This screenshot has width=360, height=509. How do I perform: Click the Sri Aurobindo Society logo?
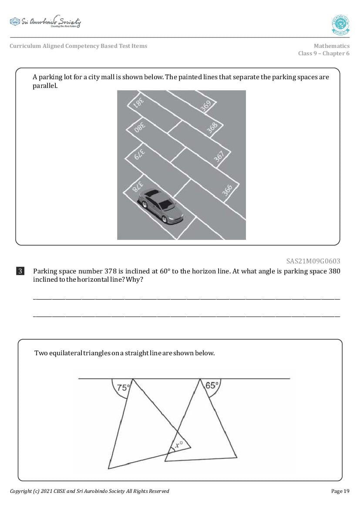click(45, 22)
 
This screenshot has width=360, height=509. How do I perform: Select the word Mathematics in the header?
click(331, 46)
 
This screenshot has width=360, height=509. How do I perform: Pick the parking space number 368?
click(212, 128)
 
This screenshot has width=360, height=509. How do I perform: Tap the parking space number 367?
click(219, 156)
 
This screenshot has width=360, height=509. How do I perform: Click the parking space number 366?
click(227, 189)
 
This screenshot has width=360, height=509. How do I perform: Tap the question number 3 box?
click(20, 271)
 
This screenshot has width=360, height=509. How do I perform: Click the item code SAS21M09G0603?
click(313, 261)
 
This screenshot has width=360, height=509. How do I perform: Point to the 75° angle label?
click(122, 387)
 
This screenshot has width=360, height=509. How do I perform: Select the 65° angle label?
click(211, 385)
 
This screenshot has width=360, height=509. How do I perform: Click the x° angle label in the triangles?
click(178, 445)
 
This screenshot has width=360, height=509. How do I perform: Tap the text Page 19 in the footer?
click(340, 491)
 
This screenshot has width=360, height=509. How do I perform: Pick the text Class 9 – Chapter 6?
click(323, 54)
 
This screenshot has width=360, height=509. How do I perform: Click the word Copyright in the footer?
click(20, 491)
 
